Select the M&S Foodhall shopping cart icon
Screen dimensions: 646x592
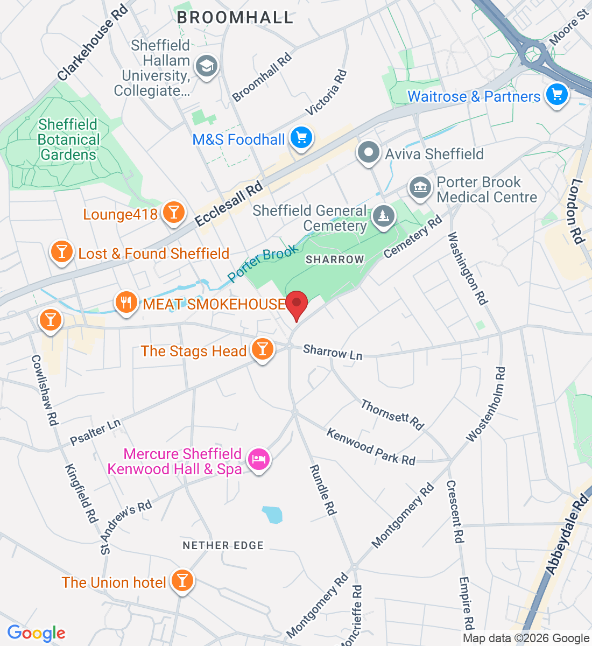(301, 138)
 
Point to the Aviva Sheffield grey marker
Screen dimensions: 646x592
(369, 153)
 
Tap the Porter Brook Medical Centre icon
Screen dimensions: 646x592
(420, 188)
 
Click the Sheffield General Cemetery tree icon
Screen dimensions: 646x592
(383, 217)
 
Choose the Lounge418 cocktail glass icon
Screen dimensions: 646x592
(173, 213)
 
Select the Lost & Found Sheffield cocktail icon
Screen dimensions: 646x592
(61, 252)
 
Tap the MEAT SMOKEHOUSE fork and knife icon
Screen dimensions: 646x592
(126, 303)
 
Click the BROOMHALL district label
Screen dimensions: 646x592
(235, 17)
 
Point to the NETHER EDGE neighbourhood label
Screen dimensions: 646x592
(223, 545)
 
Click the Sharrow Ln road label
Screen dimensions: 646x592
(333, 353)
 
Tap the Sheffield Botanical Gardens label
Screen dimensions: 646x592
(68, 139)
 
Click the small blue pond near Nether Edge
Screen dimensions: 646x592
(272, 515)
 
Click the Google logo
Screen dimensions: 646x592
(36, 634)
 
